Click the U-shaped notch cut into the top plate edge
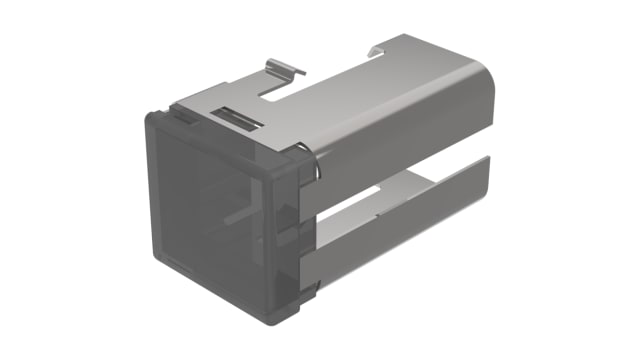coord(275,95)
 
